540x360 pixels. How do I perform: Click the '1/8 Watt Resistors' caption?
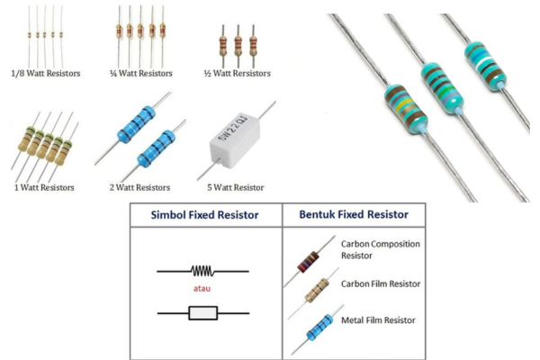coord(46,72)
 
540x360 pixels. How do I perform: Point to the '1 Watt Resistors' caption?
coord(43,187)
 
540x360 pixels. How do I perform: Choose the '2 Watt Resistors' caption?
coord(139,187)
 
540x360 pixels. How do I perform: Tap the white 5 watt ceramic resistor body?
coord(237,145)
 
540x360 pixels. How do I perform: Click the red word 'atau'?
coord(202,289)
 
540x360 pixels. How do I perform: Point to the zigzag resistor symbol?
coord(202,270)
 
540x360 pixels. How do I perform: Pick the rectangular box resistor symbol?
coord(202,313)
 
